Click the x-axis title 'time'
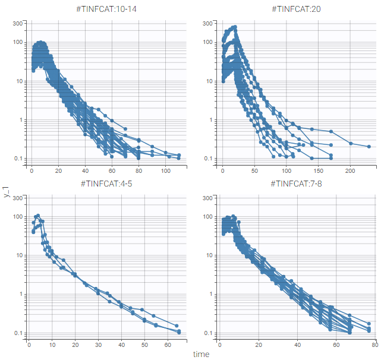click(x=200, y=353)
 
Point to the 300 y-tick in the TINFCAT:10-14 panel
click(x=18, y=23)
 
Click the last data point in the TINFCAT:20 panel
click(x=369, y=146)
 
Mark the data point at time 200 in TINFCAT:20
click(x=351, y=143)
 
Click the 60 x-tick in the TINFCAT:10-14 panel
click(x=112, y=170)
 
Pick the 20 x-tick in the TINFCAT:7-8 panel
click(x=259, y=345)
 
